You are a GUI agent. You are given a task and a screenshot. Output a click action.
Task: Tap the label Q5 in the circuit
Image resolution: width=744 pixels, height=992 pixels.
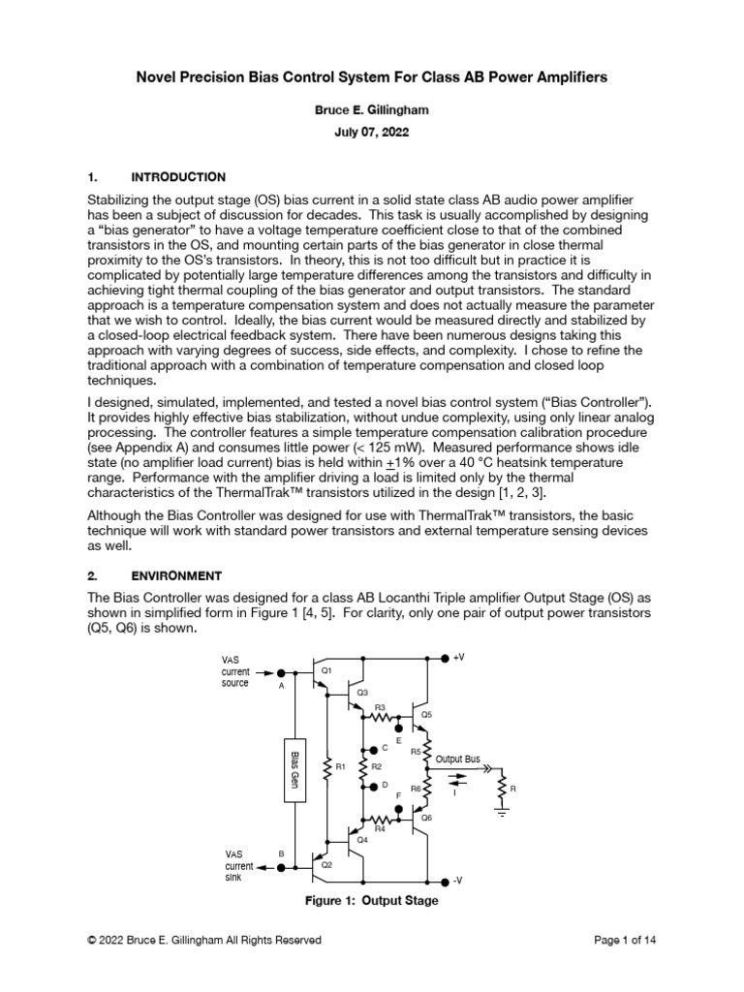[x=427, y=714]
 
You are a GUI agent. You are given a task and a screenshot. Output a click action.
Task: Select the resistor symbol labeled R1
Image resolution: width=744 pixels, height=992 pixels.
[x=327, y=766]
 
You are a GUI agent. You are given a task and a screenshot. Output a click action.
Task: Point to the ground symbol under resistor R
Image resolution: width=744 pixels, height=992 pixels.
[x=502, y=814]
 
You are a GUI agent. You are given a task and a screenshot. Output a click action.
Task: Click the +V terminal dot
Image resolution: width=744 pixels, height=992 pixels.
[x=444, y=657]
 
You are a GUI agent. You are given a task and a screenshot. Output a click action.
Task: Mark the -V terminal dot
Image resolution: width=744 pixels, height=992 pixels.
[x=444, y=881]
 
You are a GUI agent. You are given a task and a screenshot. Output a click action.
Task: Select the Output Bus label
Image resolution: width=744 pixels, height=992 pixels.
[x=457, y=759]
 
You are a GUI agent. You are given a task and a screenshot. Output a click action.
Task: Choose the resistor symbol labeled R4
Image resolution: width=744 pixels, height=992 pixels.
[x=381, y=818]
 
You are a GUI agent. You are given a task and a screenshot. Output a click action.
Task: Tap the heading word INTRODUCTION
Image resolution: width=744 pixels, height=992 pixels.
[x=178, y=177]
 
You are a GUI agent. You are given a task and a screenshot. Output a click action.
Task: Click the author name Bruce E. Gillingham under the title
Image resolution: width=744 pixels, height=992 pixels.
[x=372, y=111]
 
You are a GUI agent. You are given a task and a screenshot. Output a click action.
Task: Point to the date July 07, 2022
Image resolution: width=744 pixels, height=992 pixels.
[x=372, y=134]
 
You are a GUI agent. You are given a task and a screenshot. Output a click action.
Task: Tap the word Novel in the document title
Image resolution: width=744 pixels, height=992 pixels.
[x=156, y=77]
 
